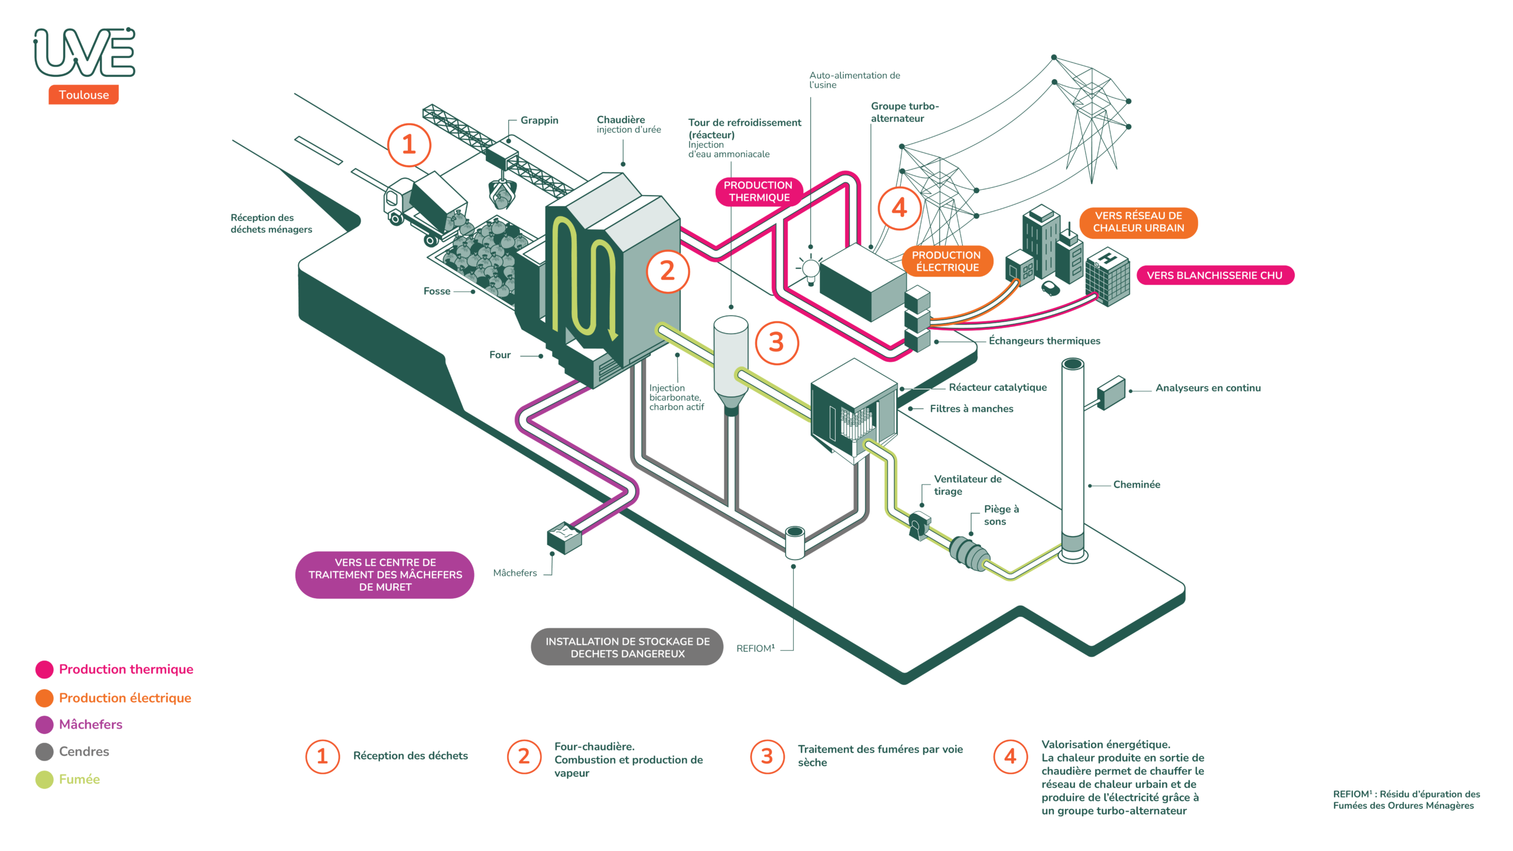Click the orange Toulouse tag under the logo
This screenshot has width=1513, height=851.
click(x=83, y=95)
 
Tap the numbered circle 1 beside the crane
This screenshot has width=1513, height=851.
click(x=408, y=145)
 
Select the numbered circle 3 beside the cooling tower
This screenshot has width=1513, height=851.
click(x=776, y=343)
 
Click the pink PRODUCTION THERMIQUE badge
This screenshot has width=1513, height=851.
click(x=758, y=191)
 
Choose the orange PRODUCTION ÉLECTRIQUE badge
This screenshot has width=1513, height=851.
click(x=946, y=261)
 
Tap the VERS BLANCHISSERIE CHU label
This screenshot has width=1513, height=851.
click(x=1215, y=275)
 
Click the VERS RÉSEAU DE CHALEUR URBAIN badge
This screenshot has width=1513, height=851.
click(x=1138, y=222)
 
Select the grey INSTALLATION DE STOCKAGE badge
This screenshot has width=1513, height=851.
click(x=627, y=647)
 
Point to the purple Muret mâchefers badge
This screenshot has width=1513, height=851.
click(x=385, y=574)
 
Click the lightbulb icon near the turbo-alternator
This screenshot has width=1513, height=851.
click(x=810, y=269)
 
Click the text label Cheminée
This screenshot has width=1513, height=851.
click(x=1137, y=485)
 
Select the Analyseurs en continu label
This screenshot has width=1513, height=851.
click(x=1207, y=388)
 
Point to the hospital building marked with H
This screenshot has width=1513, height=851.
click(x=1107, y=277)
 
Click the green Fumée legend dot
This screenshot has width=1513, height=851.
click(x=44, y=779)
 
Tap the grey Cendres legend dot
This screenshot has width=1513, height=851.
click(x=44, y=752)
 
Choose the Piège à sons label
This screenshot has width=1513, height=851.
click(x=1001, y=515)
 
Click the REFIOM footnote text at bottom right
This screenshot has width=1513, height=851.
click(x=1406, y=800)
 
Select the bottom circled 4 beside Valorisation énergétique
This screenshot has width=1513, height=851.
click(x=1011, y=756)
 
